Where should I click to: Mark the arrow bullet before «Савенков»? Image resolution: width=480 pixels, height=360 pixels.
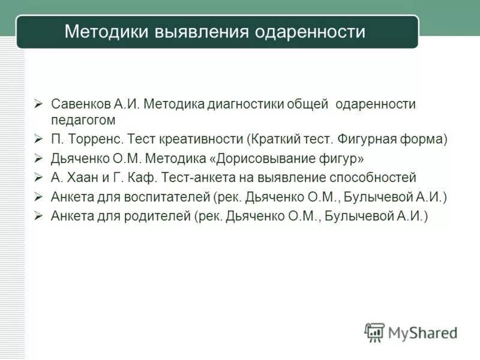click(x=38, y=104)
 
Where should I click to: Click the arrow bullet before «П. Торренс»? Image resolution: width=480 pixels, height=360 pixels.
click(x=38, y=139)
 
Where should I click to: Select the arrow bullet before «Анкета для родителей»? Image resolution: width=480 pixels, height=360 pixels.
click(x=38, y=215)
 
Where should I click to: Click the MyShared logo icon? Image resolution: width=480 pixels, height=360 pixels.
click(x=374, y=332)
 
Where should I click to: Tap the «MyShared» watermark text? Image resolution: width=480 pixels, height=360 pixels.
click(x=422, y=332)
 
